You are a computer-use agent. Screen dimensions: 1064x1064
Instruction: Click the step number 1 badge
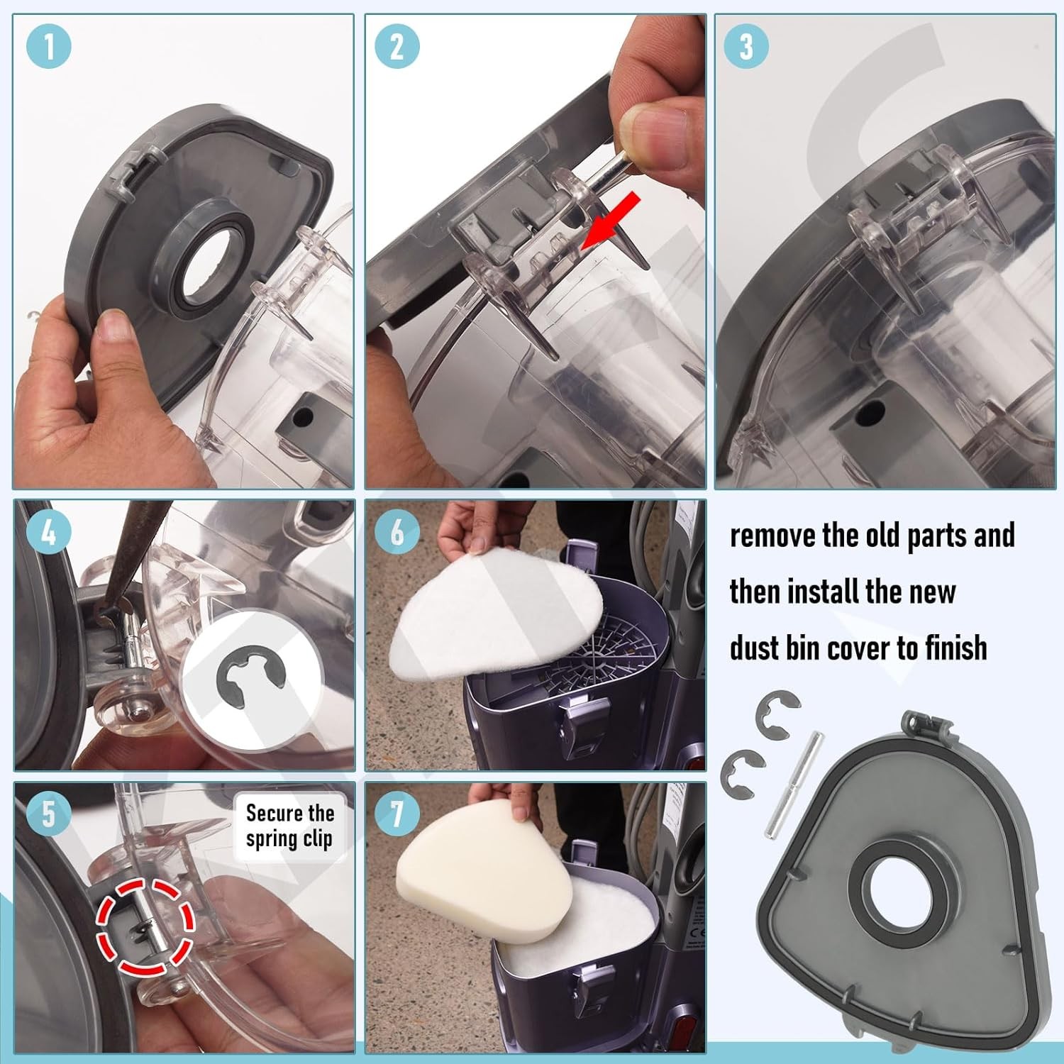(48, 47)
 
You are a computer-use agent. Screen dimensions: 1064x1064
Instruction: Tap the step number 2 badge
(397, 47)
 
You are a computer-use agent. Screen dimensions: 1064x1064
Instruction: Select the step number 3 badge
(746, 47)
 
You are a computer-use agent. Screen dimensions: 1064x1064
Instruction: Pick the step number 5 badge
(48, 813)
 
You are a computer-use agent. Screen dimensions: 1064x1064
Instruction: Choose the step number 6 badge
(397, 532)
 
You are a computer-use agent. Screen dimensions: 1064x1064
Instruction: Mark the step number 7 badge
(397, 813)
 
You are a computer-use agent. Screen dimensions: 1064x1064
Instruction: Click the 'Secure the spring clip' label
(289, 826)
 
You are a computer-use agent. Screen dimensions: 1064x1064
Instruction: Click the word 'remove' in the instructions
(772, 536)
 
